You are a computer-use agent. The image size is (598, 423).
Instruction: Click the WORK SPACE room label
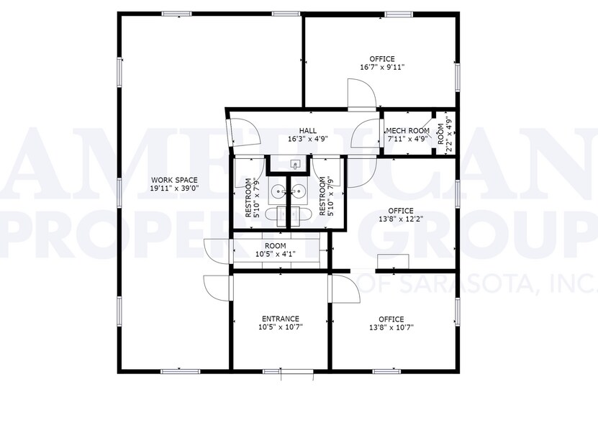[x=174, y=180]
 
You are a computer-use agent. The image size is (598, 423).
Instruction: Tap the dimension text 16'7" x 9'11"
[x=382, y=68]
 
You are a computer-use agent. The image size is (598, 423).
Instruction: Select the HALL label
[x=307, y=130]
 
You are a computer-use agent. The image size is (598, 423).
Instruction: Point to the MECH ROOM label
[x=408, y=130]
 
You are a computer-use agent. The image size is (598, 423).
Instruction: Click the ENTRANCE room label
[x=280, y=319]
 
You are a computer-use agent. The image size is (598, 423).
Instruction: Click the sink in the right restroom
[x=299, y=191]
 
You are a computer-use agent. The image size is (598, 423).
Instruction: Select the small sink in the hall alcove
[x=295, y=165]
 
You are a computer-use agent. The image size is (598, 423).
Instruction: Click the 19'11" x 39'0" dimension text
[x=174, y=188]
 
